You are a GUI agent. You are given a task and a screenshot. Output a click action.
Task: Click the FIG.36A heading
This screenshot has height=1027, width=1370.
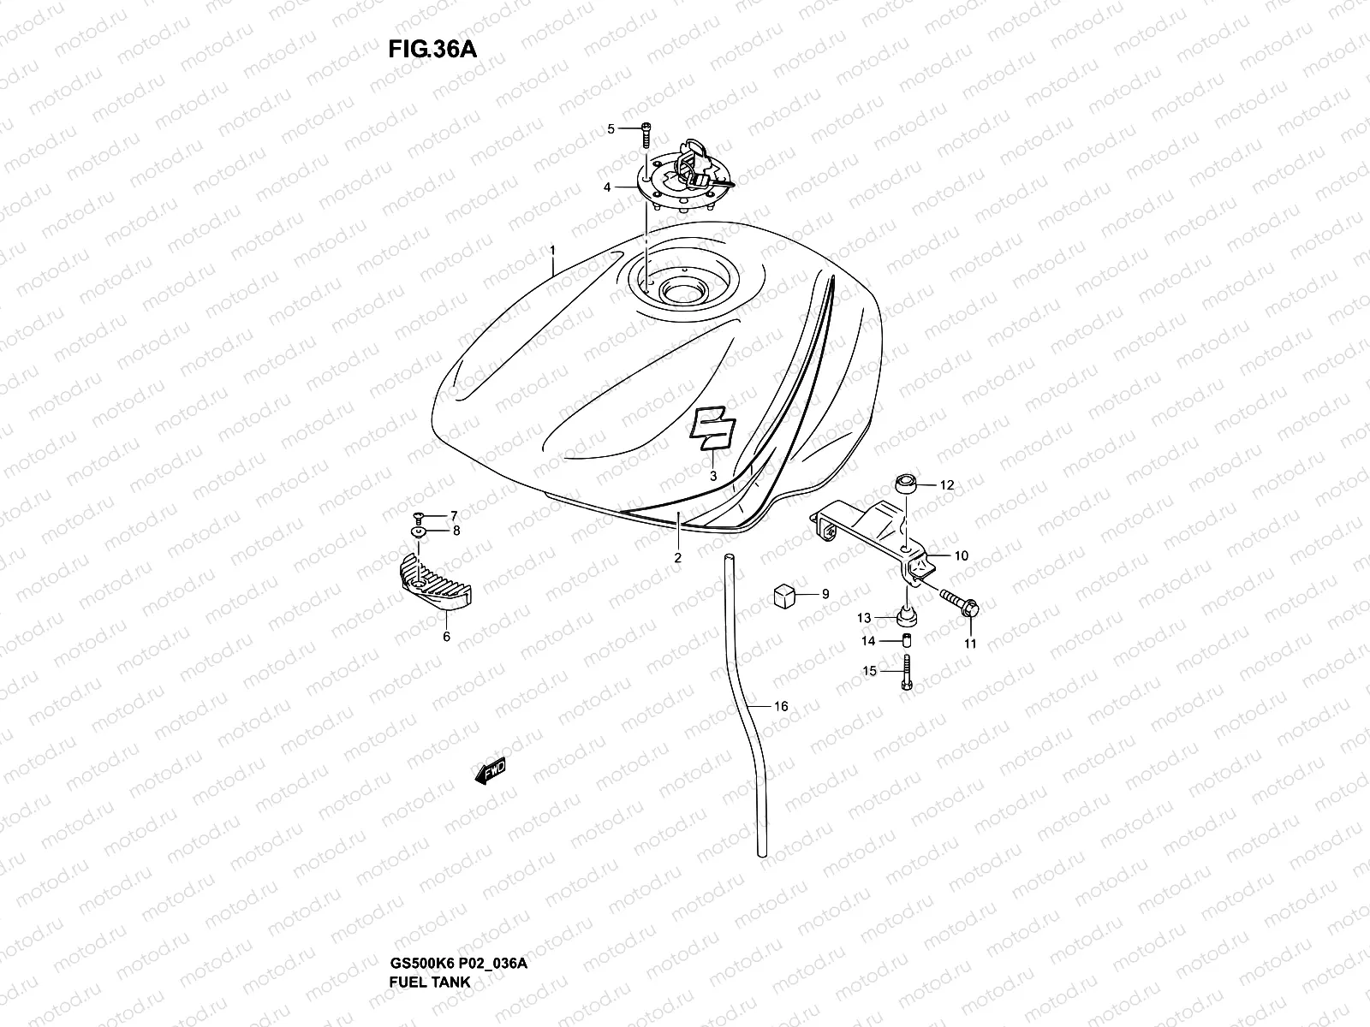pos(432,48)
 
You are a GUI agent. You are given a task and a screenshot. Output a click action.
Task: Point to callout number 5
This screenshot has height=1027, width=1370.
pos(611,129)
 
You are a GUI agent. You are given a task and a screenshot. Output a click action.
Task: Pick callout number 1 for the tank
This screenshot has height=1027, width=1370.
pos(553,251)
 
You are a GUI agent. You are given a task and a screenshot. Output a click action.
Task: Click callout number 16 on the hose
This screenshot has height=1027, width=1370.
pos(781,706)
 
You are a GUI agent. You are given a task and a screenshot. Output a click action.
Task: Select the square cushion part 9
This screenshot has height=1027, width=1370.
pos(784,594)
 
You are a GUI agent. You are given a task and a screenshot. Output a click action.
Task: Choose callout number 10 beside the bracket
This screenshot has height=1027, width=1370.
pos(961,555)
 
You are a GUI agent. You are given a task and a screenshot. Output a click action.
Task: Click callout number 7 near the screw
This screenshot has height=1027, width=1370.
pos(455,515)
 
